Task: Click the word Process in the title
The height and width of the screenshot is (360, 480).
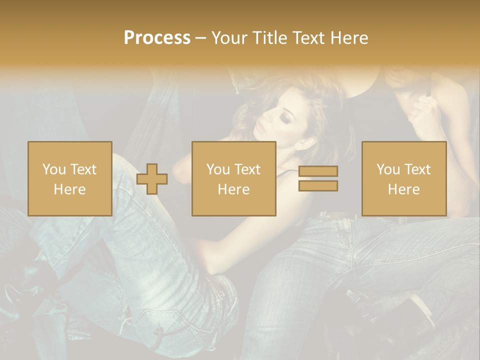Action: [157, 38]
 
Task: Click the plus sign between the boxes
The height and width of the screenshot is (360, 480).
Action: [152, 178]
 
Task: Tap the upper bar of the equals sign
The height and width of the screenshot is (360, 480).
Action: [318, 171]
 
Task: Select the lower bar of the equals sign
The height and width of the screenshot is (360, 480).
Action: [318, 185]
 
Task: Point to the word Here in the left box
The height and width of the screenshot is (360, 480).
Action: [69, 189]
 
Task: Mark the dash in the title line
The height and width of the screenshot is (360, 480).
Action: [200, 38]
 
